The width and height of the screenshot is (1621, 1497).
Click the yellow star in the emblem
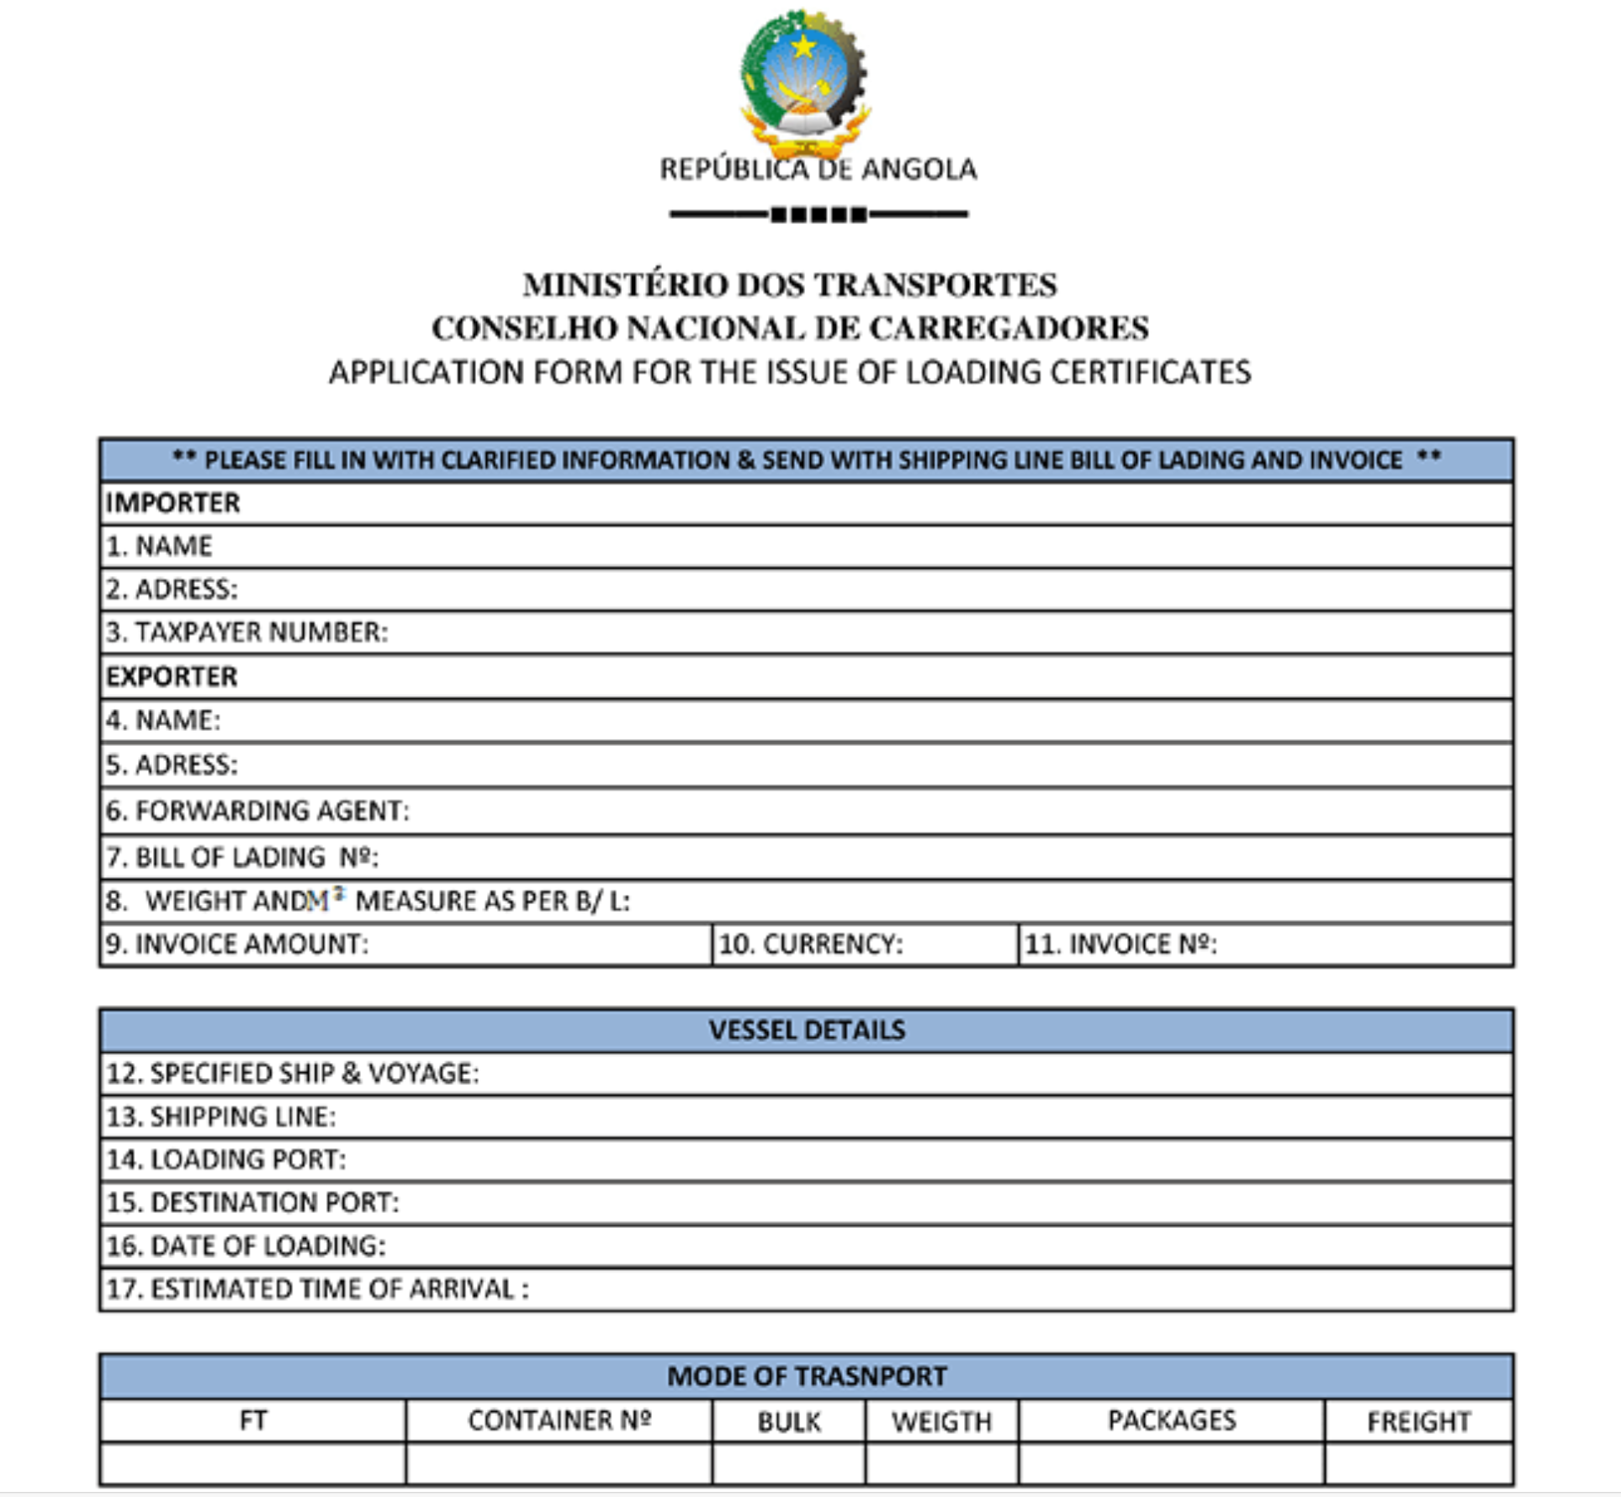pos(804,45)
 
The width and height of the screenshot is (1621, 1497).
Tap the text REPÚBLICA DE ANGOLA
pos(818,169)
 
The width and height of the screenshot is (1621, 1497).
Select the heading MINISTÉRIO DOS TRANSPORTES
pos(790,285)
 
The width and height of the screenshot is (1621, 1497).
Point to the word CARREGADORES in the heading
pos(1009,328)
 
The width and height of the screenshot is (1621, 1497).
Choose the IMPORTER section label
pos(173,503)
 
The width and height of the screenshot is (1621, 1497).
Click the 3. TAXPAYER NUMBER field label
pos(247,632)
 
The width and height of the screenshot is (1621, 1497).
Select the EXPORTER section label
pos(172,677)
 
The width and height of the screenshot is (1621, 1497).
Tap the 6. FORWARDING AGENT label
pos(257,811)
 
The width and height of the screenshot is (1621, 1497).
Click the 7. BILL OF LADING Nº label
pos(242,857)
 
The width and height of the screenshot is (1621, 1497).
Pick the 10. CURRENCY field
pos(811,944)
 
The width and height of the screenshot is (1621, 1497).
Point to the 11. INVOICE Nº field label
pos(1120,944)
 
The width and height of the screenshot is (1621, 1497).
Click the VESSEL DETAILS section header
pos(807,1030)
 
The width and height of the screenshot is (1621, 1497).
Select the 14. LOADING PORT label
pos(226,1160)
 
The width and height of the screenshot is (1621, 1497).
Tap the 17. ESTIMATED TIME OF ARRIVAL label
pos(317,1289)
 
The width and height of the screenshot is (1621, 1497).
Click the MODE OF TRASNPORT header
pos(807,1377)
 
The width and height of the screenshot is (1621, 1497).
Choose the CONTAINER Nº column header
pos(559,1420)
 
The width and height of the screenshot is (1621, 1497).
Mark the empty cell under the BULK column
pos(789,1464)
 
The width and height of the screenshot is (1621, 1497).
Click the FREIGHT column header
pos(1418,1421)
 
